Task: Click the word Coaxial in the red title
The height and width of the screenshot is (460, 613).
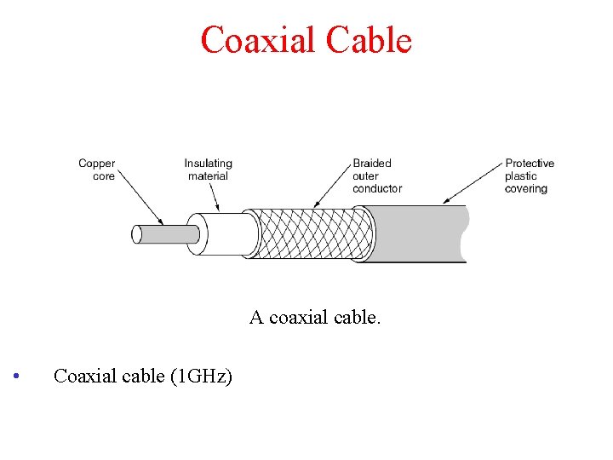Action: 255,40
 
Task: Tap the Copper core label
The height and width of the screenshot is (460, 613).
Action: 96,170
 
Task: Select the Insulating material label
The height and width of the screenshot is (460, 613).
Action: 208,170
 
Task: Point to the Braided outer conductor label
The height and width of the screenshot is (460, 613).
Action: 376,175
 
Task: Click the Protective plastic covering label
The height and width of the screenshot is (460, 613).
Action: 529,175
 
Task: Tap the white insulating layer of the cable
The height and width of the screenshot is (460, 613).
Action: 226,233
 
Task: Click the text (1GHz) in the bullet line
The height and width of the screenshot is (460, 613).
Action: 200,376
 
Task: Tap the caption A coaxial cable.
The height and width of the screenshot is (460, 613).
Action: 316,318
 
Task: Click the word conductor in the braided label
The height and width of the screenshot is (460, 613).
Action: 377,188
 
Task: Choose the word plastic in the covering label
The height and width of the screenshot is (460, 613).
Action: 521,175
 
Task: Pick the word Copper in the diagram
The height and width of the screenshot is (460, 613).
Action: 96,164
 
